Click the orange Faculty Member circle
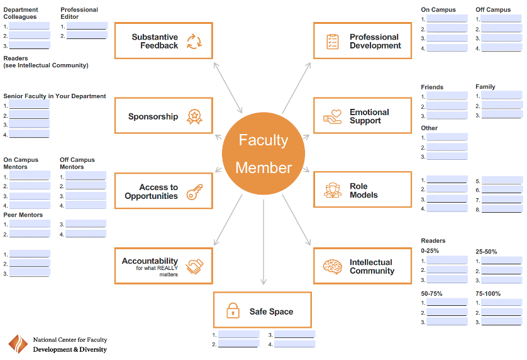(x=263, y=154)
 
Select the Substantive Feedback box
(x=164, y=41)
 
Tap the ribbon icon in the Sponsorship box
(x=194, y=116)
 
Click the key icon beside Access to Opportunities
(x=194, y=191)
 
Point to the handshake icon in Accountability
(x=195, y=267)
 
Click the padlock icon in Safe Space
(x=233, y=311)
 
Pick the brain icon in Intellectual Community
(x=331, y=267)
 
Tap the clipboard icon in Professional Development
(x=332, y=42)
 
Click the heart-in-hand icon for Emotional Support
(x=332, y=116)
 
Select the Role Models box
(x=362, y=191)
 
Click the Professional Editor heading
(x=79, y=13)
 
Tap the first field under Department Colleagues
(x=29, y=26)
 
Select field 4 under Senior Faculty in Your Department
(x=29, y=135)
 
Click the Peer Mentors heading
(x=23, y=215)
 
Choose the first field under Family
(x=502, y=96)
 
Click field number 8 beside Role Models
(x=502, y=209)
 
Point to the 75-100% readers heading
(x=488, y=293)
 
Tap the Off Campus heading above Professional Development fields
(x=493, y=9)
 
